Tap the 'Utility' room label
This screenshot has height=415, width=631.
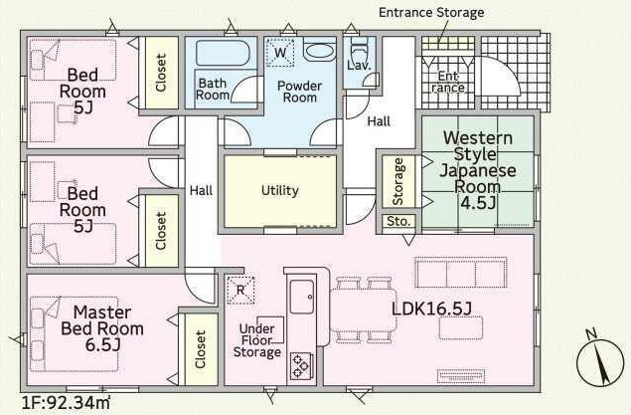(x=279, y=191)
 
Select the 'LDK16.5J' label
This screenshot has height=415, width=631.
(x=431, y=308)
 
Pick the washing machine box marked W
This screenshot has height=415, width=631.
(x=280, y=52)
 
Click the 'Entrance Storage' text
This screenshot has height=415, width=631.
(x=431, y=13)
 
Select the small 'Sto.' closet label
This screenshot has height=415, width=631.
(x=397, y=221)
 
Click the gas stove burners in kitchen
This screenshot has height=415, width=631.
(x=299, y=367)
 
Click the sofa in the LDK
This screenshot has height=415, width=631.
(x=460, y=273)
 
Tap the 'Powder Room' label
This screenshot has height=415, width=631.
(x=297, y=92)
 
